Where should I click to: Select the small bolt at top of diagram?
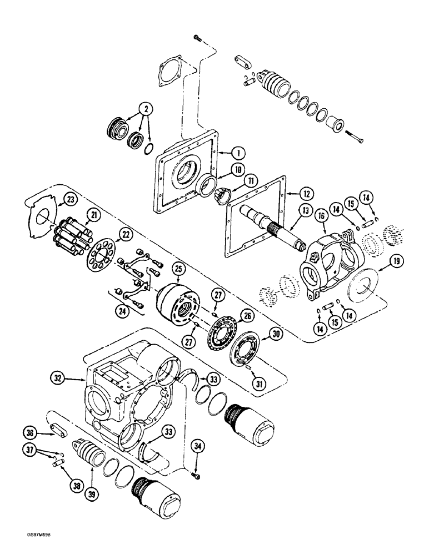coord(198,38)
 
